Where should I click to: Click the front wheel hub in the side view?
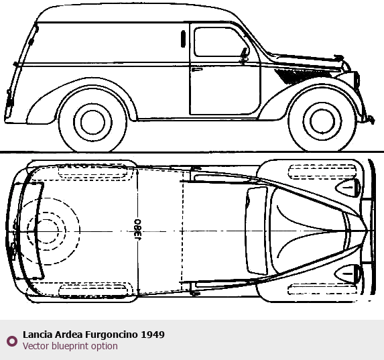click(322, 121)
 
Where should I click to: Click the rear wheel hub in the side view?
click(92, 122)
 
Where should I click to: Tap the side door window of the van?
click(221, 42)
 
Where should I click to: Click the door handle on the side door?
click(197, 70)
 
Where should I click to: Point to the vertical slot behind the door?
click(183, 39)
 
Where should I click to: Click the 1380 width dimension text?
click(138, 230)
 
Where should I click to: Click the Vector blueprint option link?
click(70, 346)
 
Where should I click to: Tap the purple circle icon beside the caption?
click(12, 341)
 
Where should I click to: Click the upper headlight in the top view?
click(348, 188)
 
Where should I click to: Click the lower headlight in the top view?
click(348, 274)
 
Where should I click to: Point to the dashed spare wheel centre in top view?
click(46, 231)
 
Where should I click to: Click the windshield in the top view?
click(257, 231)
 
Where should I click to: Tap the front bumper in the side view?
click(369, 119)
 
